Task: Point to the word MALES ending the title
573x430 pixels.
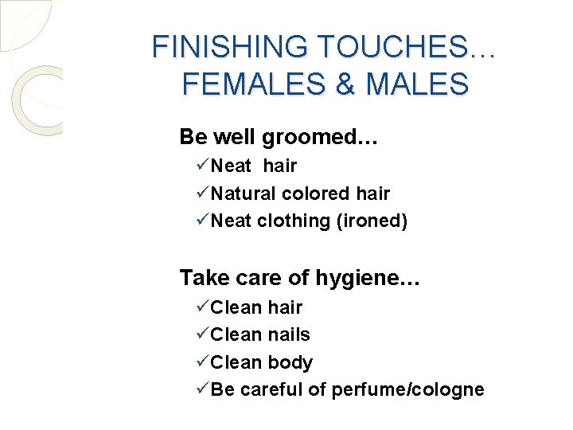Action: pyautogui.click(x=416, y=84)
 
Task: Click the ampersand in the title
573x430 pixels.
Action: pyautogui.click(x=345, y=84)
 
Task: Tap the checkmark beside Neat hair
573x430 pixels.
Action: pyautogui.click(x=201, y=166)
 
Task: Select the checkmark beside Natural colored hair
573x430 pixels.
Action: pyautogui.click(x=201, y=193)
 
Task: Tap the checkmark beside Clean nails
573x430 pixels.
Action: pyautogui.click(x=201, y=334)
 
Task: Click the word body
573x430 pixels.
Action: pyautogui.click(x=290, y=362)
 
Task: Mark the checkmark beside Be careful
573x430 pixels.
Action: pyautogui.click(x=201, y=389)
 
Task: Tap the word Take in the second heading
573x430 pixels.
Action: pyautogui.click(x=199, y=278)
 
